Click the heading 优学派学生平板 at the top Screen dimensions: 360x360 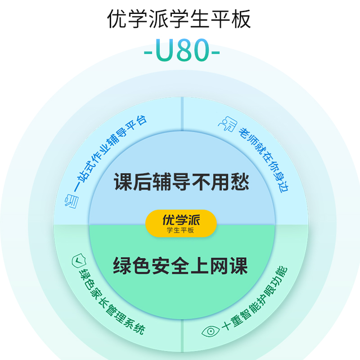coord(180,19)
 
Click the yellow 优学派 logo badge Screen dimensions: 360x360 coord(181,223)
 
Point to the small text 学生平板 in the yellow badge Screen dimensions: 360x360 coord(181,230)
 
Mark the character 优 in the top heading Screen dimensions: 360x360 coord(118,19)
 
